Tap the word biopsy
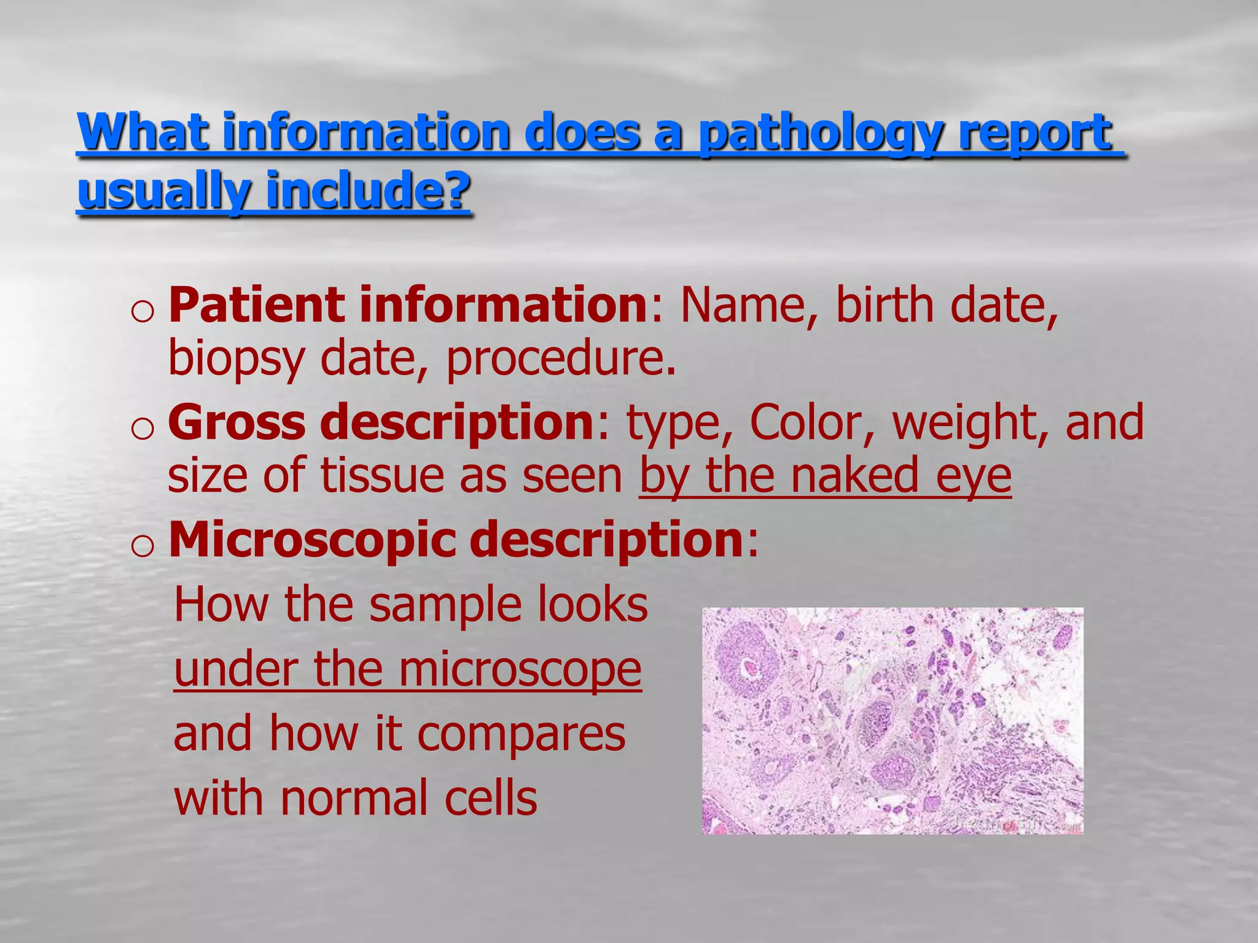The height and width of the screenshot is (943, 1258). click(x=236, y=359)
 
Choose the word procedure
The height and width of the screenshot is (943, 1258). click(x=560, y=359)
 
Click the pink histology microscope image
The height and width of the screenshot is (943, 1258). click(x=893, y=721)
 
